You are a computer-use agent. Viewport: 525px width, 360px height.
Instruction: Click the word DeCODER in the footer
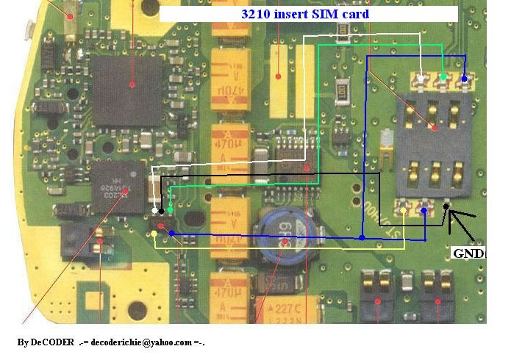(52, 343)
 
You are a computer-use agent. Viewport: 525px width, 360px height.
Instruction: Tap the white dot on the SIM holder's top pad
(421, 79)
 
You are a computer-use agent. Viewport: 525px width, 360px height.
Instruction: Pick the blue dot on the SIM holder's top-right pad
(465, 79)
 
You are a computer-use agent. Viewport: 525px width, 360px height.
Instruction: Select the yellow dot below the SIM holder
(404, 213)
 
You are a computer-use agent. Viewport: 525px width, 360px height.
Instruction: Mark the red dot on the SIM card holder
(435, 128)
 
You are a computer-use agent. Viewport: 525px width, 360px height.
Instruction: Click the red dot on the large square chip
(132, 84)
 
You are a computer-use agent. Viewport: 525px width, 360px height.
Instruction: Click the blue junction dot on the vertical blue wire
(362, 237)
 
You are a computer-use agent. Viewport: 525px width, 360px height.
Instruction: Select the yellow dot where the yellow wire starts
(153, 234)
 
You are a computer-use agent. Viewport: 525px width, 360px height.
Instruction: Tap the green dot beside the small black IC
(171, 211)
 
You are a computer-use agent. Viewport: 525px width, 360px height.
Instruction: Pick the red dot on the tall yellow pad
(279, 75)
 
